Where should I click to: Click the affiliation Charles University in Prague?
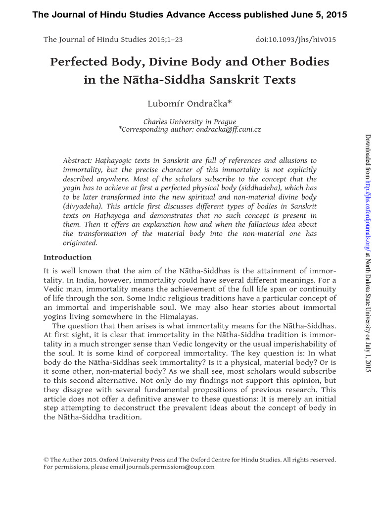pos(190,122)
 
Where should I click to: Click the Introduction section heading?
pos(68,257)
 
